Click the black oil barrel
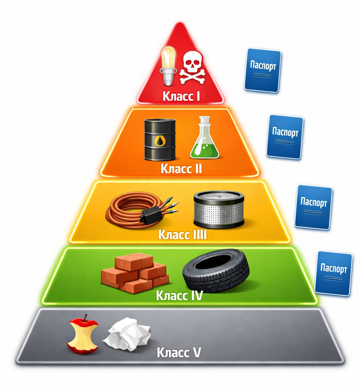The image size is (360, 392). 160,140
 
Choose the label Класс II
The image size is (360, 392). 181,169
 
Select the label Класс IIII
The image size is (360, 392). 182,234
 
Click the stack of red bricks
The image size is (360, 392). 135,273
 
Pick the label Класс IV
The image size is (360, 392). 179,296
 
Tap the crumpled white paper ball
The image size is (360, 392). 127,334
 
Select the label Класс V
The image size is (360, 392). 179,352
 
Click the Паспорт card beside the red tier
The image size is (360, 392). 263,70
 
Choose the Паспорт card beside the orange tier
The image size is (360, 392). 285,137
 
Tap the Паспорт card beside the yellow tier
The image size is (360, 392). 313,207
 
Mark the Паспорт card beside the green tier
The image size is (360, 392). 333,273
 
